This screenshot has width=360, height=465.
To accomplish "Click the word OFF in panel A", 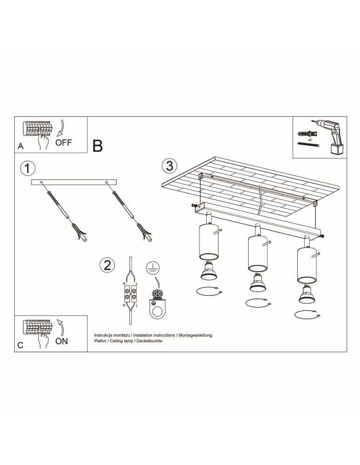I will (x=64, y=143).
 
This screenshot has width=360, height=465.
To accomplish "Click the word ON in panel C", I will (x=61, y=341).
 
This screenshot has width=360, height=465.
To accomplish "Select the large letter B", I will (x=98, y=146).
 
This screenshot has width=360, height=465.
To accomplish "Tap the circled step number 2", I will (x=107, y=265).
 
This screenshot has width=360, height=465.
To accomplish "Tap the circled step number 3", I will (x=169, y=166).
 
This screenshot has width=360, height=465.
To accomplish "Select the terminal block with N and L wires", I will (x=130, y=294).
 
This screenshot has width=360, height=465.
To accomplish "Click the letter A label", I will (x=20, y=146).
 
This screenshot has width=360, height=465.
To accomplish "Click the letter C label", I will (x=20, y=346).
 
